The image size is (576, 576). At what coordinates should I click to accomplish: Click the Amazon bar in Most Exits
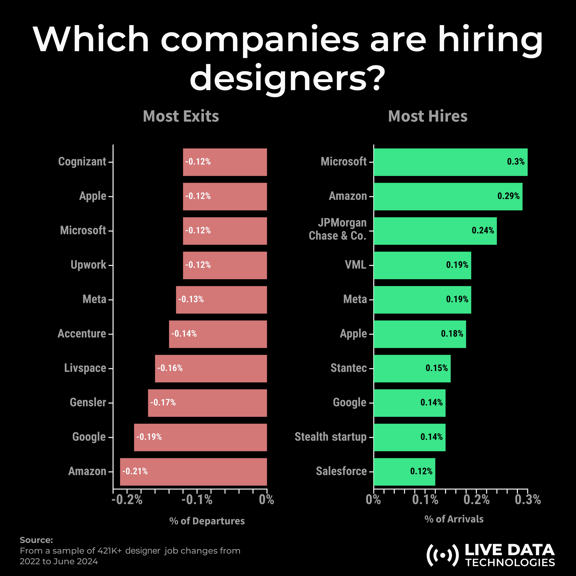(x=193, y=472)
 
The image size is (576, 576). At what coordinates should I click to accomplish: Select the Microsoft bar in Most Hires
(x=450, y=162)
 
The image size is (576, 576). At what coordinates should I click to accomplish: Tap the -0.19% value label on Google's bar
(x=149, y=437)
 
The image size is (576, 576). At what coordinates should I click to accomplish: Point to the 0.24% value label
(x=483, y=230)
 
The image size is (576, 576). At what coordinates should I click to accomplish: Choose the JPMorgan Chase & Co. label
(x=338, y=229)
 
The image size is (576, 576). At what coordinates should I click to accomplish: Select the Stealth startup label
(x=330, y=437)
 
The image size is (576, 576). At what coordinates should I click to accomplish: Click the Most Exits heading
(x=181, y=116)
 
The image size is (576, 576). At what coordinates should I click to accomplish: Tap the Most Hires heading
(x=427, y=116)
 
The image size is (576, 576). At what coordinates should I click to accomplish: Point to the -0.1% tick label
(x=197, y=500)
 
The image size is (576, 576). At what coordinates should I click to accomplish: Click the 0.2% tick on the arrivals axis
(x=477, y=500)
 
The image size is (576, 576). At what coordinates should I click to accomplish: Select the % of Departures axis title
(x=207, y=521)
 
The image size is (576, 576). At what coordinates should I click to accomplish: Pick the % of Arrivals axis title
(x=454, y=519)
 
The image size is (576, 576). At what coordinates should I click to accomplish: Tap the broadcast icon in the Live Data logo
(x=442, y=555)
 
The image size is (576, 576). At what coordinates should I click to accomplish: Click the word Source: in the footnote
(x=36, y=540)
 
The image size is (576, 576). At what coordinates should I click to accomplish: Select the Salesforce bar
(x=404, y=472)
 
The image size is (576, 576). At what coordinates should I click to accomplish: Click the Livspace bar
(x=211, y=369)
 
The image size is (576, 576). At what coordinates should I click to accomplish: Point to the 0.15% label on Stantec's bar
(x=437, y=368)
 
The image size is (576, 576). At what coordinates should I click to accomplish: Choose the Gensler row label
(x=88, y=402)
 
